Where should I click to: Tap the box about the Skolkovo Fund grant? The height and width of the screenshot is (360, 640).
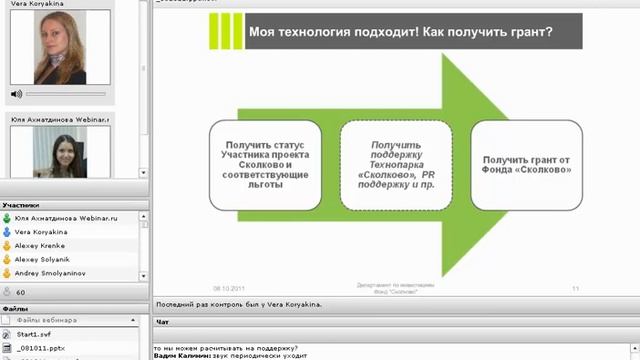(526, 165)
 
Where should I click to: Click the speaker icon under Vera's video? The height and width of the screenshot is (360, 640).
(16, 93)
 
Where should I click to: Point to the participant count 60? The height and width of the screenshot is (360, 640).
(21, 292)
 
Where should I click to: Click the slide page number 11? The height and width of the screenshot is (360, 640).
(576, 288)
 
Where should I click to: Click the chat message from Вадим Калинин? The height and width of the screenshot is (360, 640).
(230, 356)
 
